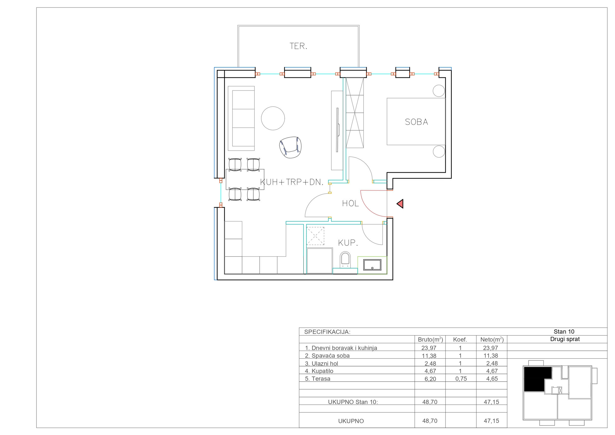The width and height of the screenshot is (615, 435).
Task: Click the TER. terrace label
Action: pyautogui.click(x=298, y=46)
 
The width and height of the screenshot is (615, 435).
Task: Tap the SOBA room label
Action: pyautogui.click(x=417, y=122)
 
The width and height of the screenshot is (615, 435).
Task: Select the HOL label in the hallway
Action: pyautogui.click(x=350, y=203)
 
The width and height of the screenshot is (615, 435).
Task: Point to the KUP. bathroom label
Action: pyautogui.click(x=348, y=243)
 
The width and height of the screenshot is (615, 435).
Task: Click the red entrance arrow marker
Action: pyautogui.click(x=400, y=204)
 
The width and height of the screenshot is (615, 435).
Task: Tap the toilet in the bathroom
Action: pyautogui.click(x=345, y=260)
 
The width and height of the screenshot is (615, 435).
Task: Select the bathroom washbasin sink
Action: pyautogui.click(x=372, y=265)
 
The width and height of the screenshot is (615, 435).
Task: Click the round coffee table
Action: pyautogui.click(x=273, y=118)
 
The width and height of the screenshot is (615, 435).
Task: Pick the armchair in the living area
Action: pyautogui.click(x=290, y=147)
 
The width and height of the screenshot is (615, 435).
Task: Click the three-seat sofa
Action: pyautogui.click(x=241, y=118)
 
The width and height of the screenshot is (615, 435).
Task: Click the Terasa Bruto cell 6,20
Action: pyautogui.click(x=430, y=379)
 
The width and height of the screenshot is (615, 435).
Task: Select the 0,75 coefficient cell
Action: pyautogui.click(x=461, y=378)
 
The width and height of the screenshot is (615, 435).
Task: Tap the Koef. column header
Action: pyautogui.click(x=460, y=340)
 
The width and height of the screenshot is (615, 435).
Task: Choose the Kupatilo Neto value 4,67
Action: pyautogui.click(x=492, y=371)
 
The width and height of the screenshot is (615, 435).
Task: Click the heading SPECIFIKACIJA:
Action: pyautogui.click(x=327, y=332)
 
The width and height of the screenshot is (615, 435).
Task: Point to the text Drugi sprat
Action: pyautogui.click(x=565, y=339)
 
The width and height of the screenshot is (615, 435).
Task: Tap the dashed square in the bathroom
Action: pyautogui.click(x=315, y=236)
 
